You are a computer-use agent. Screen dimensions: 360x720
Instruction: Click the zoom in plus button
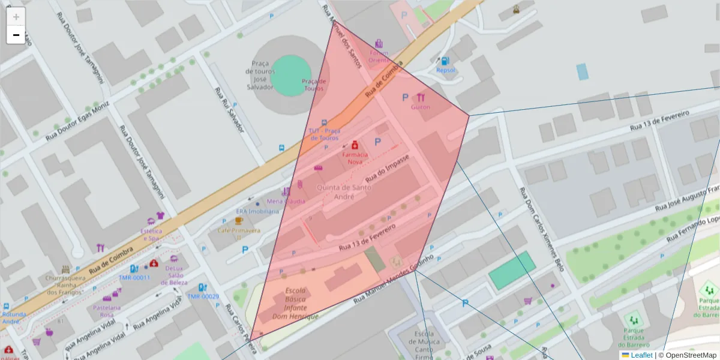[16, 17]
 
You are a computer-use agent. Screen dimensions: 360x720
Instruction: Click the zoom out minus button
[16, 35]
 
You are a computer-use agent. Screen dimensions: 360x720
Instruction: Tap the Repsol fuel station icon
[445, 61]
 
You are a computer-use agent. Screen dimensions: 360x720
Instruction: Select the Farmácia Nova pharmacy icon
[355, 145]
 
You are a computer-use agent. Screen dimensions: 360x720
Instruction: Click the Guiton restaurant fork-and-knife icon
[421, 97]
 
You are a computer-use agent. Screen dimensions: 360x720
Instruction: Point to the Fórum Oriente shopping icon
[379, 44]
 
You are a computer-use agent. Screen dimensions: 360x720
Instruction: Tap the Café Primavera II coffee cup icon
[239, 221]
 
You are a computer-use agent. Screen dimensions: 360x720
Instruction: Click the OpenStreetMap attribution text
[689, 355]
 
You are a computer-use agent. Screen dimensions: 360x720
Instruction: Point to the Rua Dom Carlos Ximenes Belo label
[542, 230]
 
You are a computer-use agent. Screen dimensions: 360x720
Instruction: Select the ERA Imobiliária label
[257, 211]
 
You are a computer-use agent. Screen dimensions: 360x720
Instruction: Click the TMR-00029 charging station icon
[203, 288]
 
